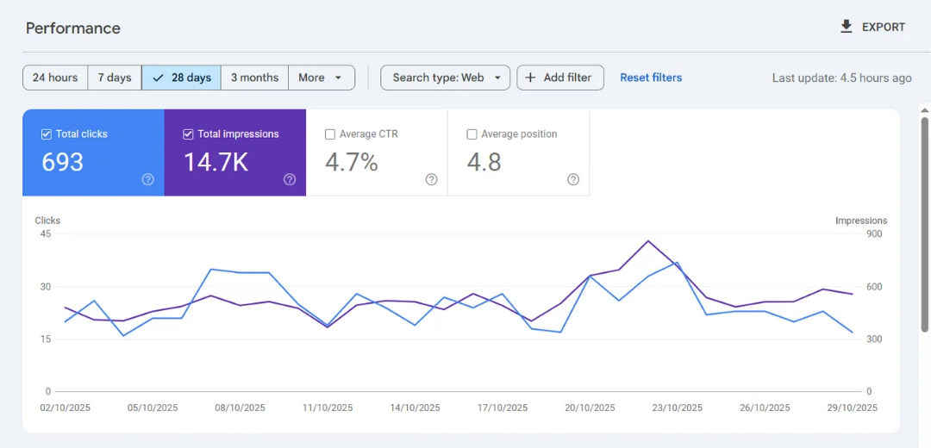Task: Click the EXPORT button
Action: click(872, 27)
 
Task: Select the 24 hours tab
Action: click(55, 78)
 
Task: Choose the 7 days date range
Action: click(115, 78)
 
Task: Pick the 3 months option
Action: click(254, 78)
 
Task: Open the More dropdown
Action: click(321, 78)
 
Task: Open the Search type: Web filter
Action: click(445, 78)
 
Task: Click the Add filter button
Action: click(559, 78)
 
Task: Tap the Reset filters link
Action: click(651, 78)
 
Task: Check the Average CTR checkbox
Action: click(330, 134)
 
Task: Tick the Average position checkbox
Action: click(472, 134)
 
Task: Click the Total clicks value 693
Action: click(63, 162)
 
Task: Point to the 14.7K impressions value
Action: click(216, 162)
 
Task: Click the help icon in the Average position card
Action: click(573, 179)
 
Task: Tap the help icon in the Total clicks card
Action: click(148, 179)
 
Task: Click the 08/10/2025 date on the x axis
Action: click(240, 408)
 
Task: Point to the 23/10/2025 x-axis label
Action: click(677, 408)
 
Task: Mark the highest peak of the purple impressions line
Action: click(648, 241)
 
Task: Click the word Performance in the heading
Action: click(73, 28)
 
